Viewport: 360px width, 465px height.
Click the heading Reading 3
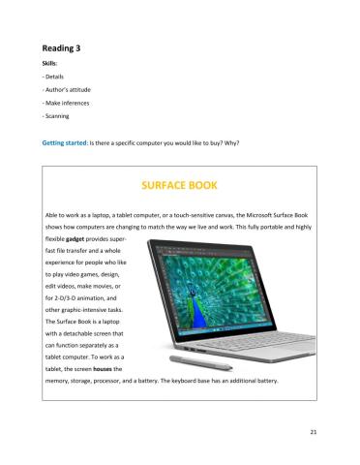[x=66, y=46]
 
